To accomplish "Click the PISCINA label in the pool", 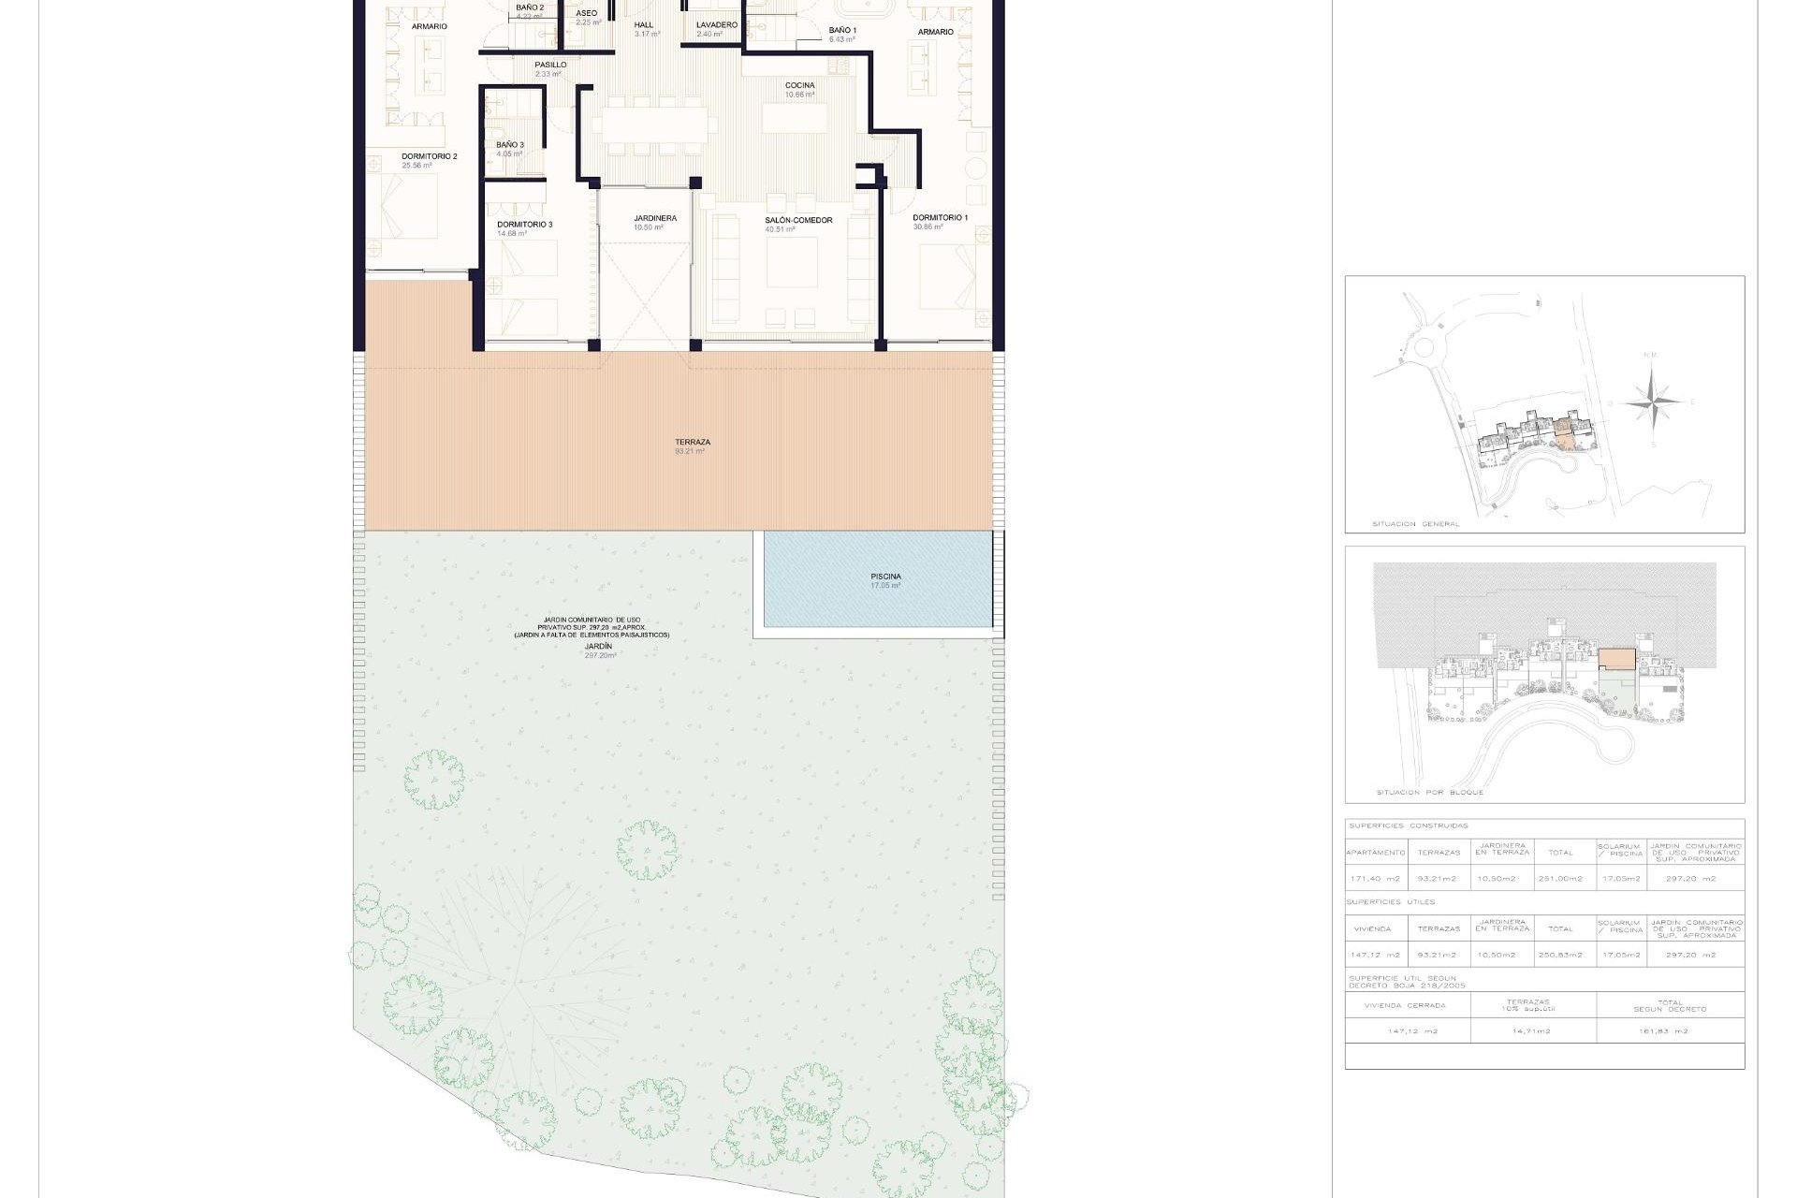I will [x=885, y=577].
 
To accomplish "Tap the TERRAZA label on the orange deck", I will [x=693, y=443].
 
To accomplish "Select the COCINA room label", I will [x=799, y=85].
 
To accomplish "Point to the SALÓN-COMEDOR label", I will [x=798, y=221].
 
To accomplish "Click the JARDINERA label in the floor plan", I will [x=655, y=218].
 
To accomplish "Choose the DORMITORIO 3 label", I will [x=524, y=225].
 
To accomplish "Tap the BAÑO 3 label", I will [x=510, y=145].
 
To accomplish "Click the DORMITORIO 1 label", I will [x=940, y=218].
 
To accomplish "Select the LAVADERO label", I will [x=717, y=25].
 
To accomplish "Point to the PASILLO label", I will [x=550, y=66].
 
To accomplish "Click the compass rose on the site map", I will [x=1653, y=402].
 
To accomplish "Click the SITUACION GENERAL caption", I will [x=1415, y=524].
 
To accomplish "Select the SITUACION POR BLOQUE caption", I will [x=1429, y=793].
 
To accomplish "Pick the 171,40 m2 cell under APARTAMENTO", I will [x=1375, y=879].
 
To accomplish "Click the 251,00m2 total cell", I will [x=1560, y=879].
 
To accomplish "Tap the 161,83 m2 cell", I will [x=1670, y=1031].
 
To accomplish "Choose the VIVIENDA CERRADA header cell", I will [x=1405, y=1006].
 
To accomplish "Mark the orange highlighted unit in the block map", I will [x=1616, y=659].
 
